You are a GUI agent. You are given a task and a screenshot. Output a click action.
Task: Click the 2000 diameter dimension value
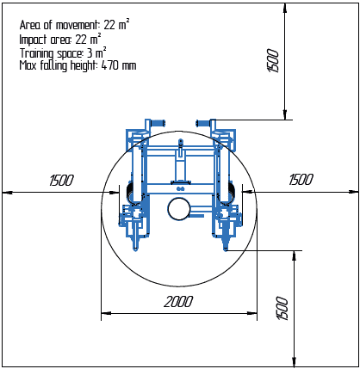(x=178, y=302)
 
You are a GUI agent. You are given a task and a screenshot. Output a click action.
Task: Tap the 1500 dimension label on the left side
(x=61, y=181)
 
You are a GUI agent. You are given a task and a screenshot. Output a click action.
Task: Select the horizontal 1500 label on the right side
(x=301, y=180)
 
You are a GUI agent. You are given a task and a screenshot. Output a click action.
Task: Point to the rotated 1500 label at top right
(x=273, y=60)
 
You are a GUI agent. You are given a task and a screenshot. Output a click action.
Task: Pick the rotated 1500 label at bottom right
(x=282, y=308)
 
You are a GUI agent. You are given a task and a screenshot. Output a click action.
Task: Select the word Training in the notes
(x=36, y=53)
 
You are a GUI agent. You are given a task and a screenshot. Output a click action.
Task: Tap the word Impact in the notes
(x=33, y=40)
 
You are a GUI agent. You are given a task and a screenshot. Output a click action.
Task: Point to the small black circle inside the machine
(x=178, y=209)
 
